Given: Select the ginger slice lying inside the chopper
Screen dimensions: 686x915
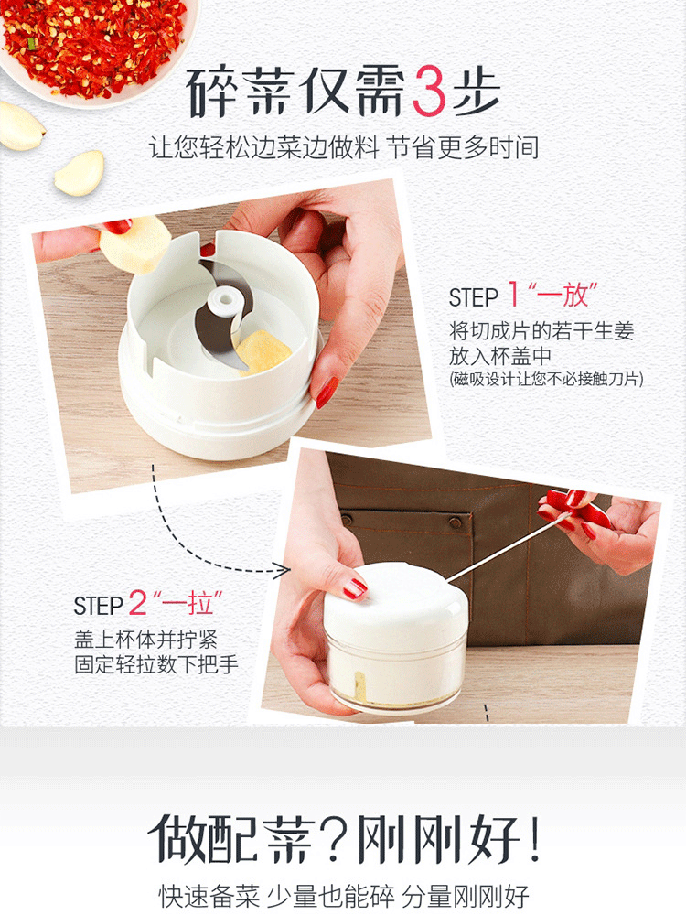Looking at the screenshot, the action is point(263,350).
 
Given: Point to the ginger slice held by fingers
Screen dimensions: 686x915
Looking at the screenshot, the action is point(136,245).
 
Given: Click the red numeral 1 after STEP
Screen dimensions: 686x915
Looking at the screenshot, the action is point(514,294).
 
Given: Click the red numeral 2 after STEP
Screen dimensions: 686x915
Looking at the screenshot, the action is point(137,602).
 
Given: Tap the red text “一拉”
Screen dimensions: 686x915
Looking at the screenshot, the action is point(188,603).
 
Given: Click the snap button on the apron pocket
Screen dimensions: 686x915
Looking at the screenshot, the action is point(456,522).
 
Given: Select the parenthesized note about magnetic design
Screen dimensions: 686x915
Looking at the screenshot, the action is point(547,380).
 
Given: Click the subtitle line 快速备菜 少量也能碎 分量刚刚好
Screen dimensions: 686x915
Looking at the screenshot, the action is point(344,896).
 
